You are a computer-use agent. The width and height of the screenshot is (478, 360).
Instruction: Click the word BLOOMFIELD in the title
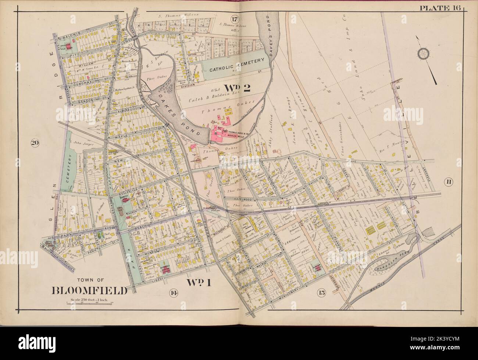pos(90,290)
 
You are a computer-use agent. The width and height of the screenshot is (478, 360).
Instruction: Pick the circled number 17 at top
pos(235,19)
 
